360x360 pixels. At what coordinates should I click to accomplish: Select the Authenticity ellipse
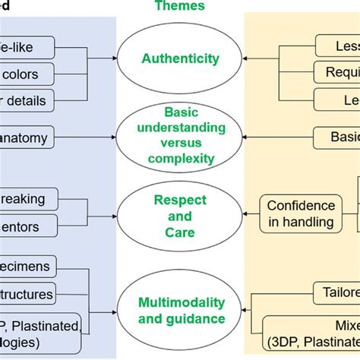pyautogui.click(x=179, y=58)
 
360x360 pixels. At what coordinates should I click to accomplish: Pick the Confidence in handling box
pyautogui.click(x=300, y=213)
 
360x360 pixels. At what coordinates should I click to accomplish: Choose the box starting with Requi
pyautogui.click(x=337, y=72)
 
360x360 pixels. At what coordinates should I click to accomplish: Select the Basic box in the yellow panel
pyautogui.click(x=337, y=137)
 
